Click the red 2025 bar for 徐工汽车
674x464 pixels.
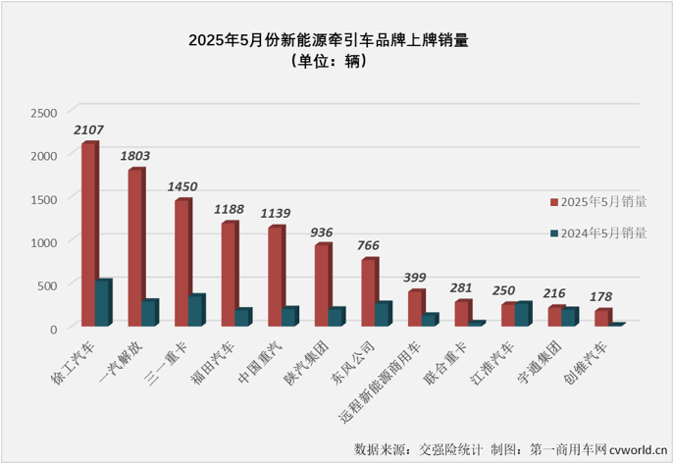tap(88, 234)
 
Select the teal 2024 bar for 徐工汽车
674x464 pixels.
tap(103, 303)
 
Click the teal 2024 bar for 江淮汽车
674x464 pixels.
tap(523, 314)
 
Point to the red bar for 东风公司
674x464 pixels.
tap(369, 292)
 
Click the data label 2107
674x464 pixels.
tap(88, 129)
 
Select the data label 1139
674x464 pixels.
tap(277, 213)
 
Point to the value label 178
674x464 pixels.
tap(604, 296)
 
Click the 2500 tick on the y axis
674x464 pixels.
tap(44, 112)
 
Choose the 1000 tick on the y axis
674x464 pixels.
tap(44, 241)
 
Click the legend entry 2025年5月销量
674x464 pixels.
tap(597, 202)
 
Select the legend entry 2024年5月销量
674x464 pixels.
tap(597, 232)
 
